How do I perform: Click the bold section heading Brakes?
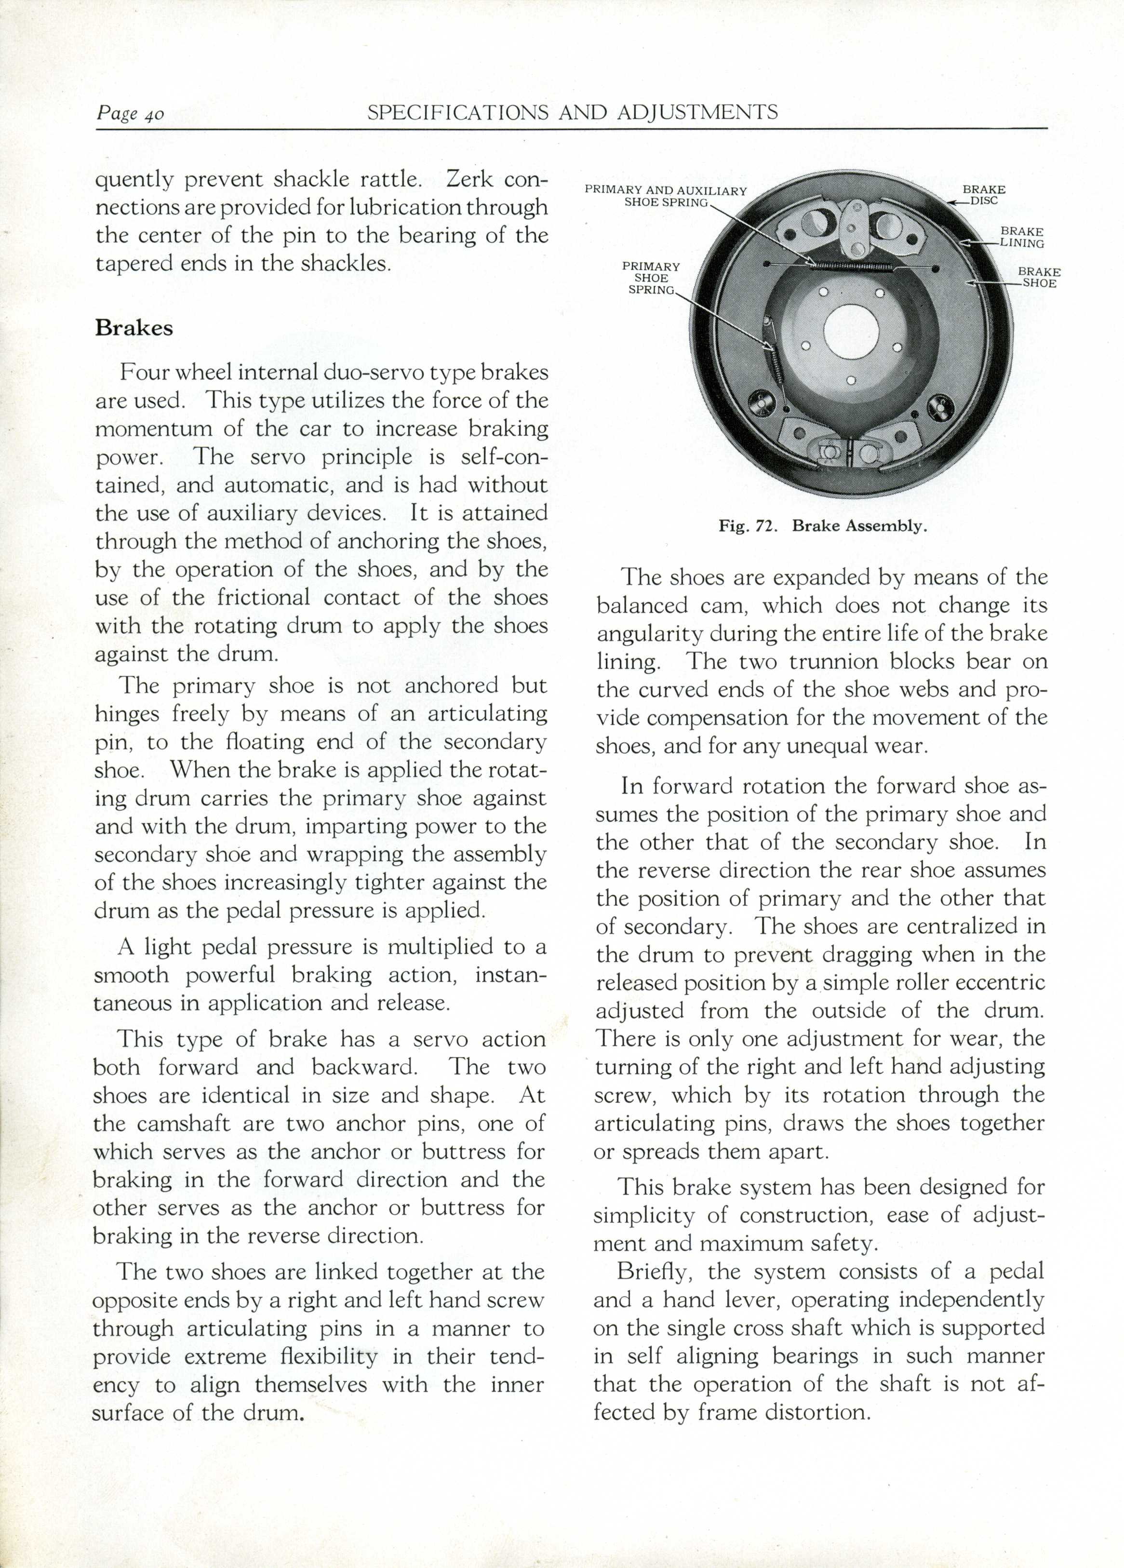point(134,328)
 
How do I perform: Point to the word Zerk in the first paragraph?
point(469,179)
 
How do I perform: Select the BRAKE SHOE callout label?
point(1038,277)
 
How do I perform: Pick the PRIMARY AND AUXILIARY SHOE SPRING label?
point(666,196)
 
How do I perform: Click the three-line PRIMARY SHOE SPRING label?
point(651,278)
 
